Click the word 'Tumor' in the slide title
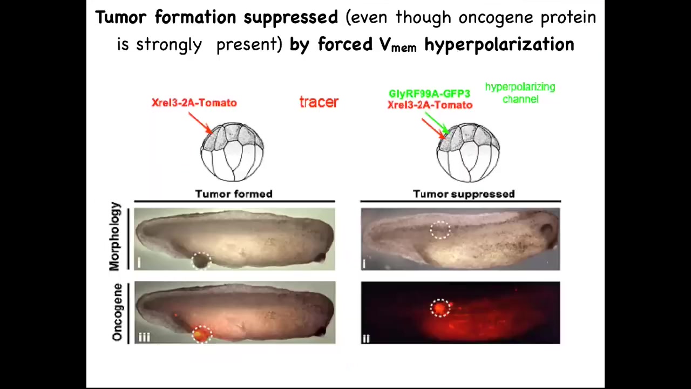click(120, 17)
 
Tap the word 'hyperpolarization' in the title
click(499, 45)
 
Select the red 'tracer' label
click(319, 102)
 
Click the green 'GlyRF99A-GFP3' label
click(429, 93)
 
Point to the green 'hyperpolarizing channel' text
click(520, 92)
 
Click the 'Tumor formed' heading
click(234, 194)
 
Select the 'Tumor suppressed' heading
click(464, 194)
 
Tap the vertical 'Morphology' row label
click(114, 237)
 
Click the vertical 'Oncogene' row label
click(117, 312)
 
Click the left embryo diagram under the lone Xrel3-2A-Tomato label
click(232, 152)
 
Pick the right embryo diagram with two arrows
click(468, 152)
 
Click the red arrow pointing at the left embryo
click(200, 123)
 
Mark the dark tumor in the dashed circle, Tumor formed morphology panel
click(201, 261)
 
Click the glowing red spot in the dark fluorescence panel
click(439, 308)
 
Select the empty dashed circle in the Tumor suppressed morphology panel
click(440, 230)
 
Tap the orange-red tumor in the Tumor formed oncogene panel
click(202, 334)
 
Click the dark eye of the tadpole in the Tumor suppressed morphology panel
click(547, 232)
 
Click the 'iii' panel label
click(144, 337)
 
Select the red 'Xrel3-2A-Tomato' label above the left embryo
click(194, 103)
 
